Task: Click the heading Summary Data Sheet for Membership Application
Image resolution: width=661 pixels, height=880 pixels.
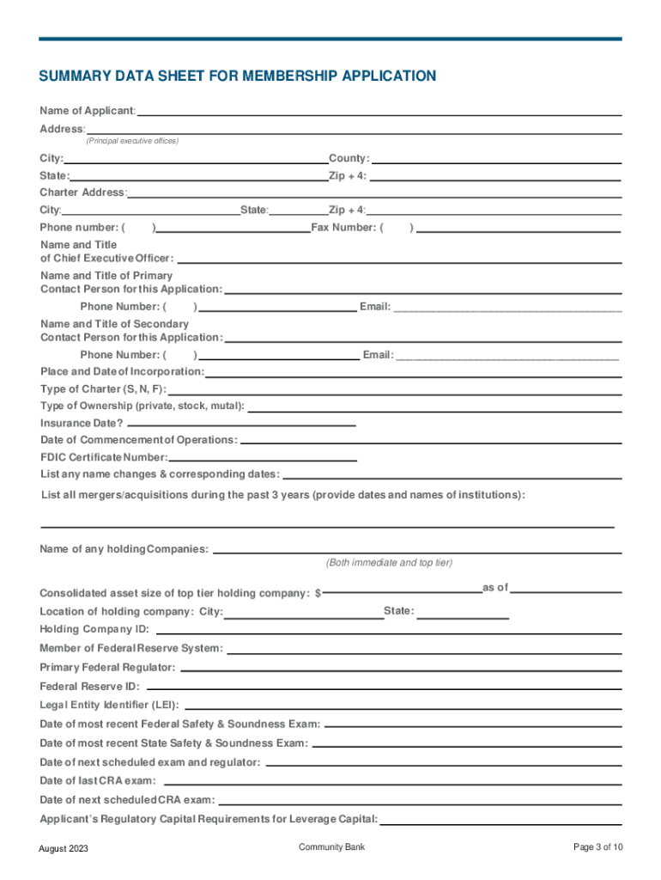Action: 238,76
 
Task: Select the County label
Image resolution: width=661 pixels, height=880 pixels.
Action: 349,159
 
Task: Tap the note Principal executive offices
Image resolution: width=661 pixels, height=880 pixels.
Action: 131,140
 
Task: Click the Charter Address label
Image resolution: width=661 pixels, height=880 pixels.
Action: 82,192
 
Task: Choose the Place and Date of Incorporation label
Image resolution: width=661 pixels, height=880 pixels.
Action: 122,372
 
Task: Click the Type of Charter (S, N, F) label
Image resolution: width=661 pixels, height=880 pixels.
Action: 98,389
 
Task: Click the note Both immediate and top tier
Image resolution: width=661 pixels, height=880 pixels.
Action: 389,563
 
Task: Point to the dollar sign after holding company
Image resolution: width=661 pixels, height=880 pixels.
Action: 318,594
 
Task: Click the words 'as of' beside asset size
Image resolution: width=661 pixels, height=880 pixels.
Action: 495,588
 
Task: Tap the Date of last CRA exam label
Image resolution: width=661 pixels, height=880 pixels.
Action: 98,781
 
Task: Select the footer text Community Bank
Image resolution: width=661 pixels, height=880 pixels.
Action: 331,847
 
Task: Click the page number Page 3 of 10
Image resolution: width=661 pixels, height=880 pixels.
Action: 597,847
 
